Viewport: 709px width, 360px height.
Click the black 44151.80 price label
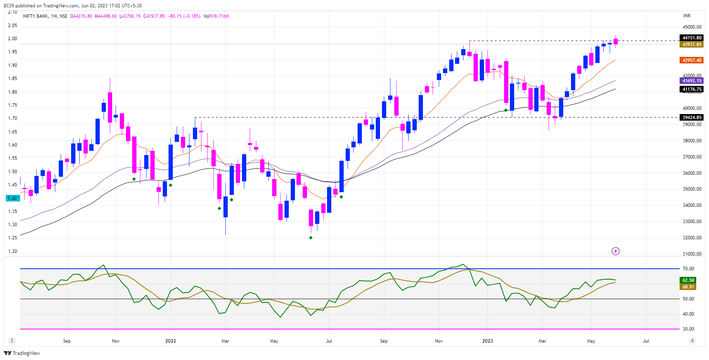pos(692,38)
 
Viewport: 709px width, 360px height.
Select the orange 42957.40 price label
pos(692,60)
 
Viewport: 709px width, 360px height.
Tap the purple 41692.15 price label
pos(692,81)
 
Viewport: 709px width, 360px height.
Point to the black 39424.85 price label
pos(692,118)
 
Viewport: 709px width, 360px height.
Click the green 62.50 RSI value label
pos(688,280)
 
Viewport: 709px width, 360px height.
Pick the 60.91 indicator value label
pos(688,287)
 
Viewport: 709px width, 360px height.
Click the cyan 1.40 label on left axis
pos(12,198)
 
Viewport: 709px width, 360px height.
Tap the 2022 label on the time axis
pos(170,341)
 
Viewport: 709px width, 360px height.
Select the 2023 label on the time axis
pos(487,341)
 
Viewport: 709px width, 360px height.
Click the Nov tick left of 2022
pos(116,341)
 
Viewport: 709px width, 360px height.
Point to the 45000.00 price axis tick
pos(692,27)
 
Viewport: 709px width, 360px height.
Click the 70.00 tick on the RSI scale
pos(688,269)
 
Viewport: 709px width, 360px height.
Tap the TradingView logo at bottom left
pos(22,353)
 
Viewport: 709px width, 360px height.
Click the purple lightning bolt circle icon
pos(615,251)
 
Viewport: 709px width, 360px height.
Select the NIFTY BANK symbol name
pos(36,16)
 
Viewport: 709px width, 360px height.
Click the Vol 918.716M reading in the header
pos(216,16)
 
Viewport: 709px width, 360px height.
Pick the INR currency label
pos(687,16)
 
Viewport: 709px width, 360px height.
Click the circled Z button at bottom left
pos(12,341)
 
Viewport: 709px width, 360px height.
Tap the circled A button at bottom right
pos(692,341)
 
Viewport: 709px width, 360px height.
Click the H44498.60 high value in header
pos(106,16)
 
